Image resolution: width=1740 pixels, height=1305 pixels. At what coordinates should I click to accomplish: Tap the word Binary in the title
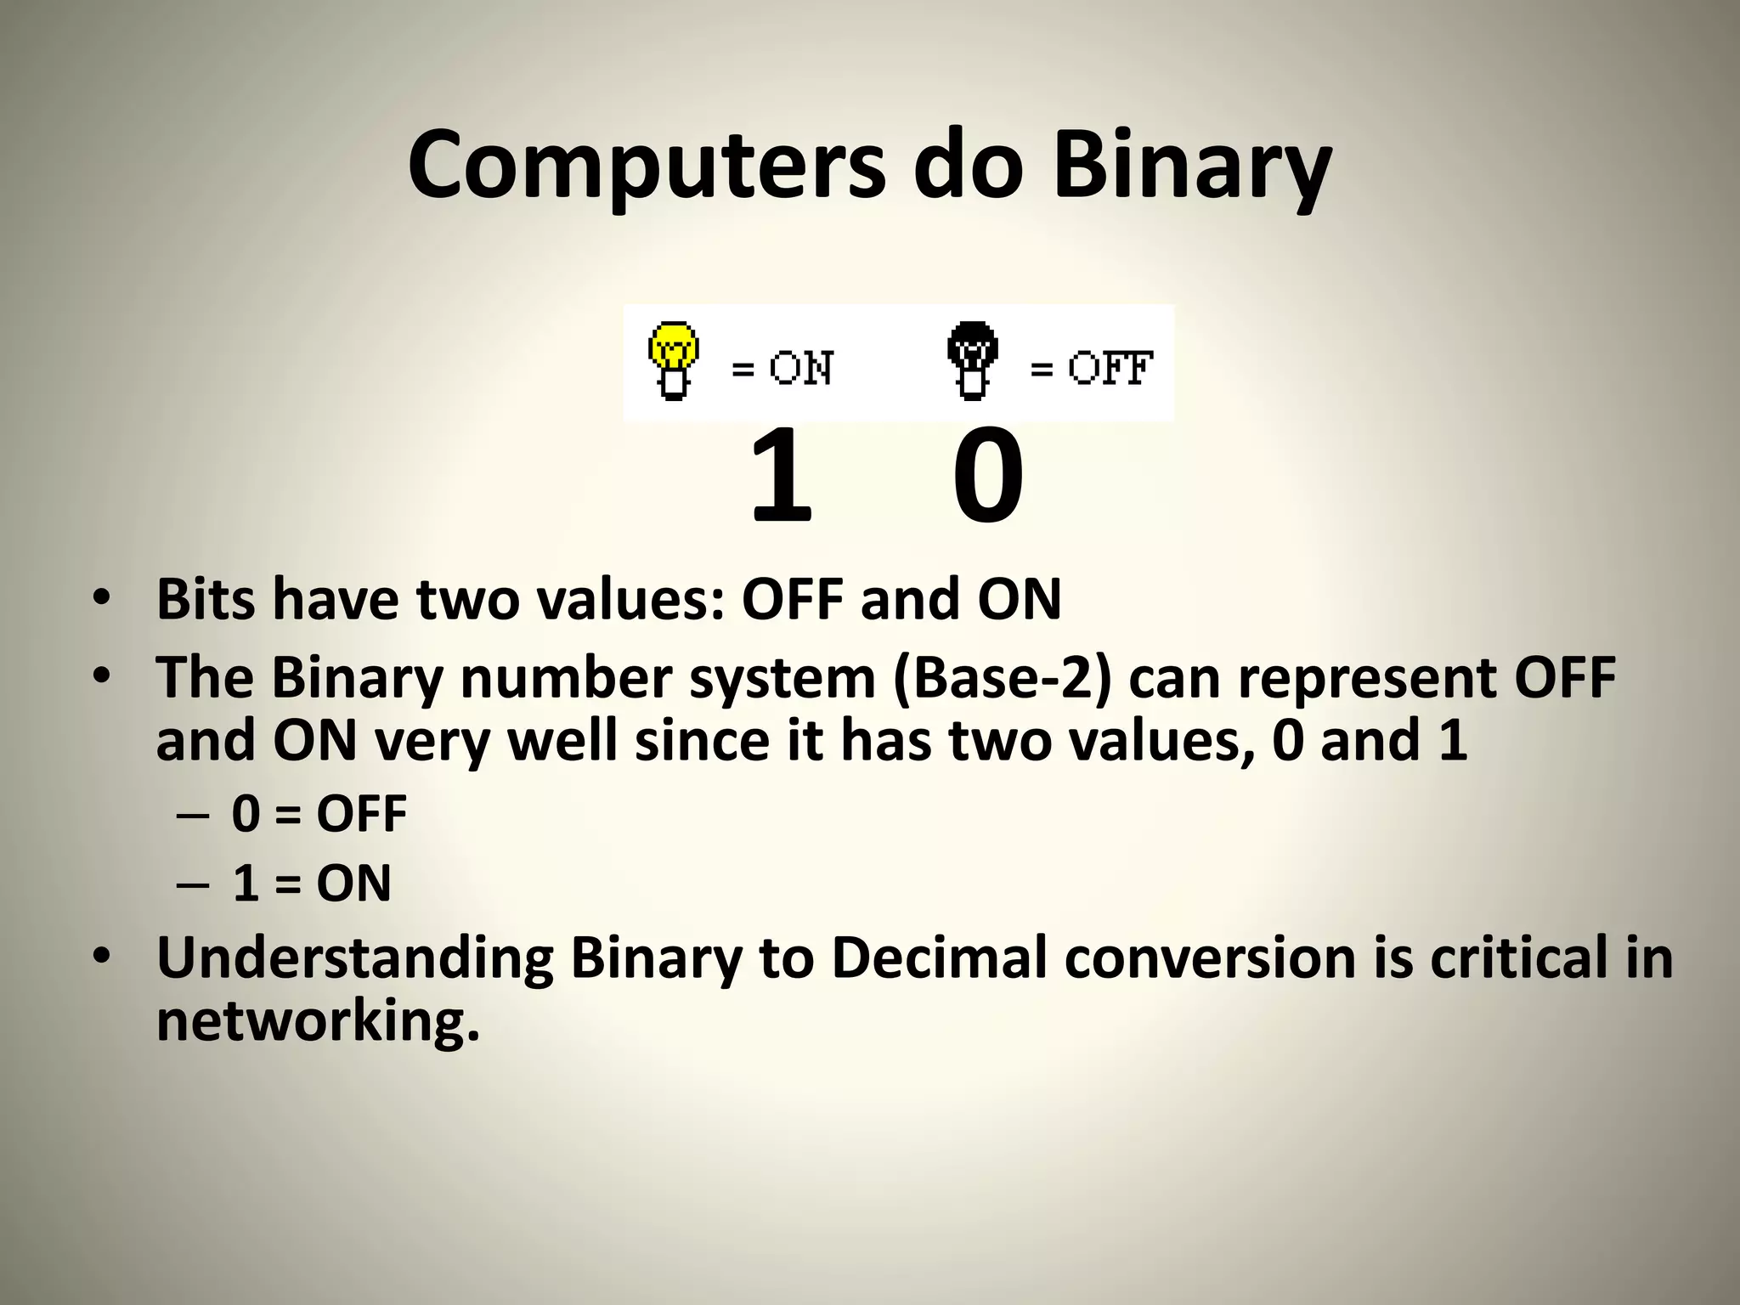click(1191, 166)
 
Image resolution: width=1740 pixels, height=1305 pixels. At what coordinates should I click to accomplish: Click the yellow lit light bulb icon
click(674, 361)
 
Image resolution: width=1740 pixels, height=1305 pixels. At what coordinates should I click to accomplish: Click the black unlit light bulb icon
click(972, 361)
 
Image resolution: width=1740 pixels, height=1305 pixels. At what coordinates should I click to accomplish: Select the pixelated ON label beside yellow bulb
click(800, 369)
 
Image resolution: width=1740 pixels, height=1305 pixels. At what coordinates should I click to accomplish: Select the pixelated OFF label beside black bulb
click(1110, 369)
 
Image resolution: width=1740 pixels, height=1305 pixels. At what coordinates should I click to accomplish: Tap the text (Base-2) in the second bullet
click(1002, 678)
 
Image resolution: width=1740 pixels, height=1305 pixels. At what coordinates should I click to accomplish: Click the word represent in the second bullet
click(1367, 678)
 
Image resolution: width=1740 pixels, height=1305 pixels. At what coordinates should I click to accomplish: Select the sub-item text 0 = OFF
click(319, 814)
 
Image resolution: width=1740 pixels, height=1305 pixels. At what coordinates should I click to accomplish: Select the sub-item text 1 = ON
click(312, 884)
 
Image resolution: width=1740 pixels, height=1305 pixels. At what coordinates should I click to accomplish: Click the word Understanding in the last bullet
click(354, 958)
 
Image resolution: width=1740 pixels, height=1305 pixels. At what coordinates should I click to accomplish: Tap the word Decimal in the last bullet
click(938, 958)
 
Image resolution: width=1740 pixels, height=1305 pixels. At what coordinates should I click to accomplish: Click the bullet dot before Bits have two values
click(102, 598)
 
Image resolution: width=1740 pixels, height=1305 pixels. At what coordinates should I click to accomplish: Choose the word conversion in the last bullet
click(1210, 958)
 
